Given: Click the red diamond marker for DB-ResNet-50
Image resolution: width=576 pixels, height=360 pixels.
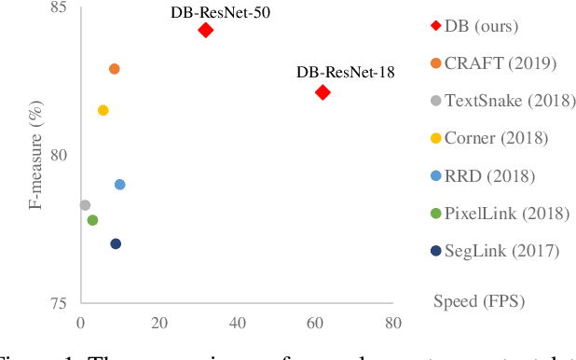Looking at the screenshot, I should point(205,30).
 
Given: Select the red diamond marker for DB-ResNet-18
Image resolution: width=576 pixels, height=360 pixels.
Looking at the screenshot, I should point(322,91).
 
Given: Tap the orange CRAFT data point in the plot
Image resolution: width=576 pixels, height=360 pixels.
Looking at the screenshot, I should point(115,69).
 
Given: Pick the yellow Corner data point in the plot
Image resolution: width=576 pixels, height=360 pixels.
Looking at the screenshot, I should point(103,110).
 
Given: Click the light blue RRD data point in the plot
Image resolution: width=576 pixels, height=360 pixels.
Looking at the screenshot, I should point(119,185).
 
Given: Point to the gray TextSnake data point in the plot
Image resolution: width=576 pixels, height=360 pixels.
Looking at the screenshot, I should point(85,205).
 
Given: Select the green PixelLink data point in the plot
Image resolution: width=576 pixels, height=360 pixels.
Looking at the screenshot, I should point(92,220).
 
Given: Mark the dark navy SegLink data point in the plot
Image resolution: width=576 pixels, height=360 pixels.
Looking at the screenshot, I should point(116,243).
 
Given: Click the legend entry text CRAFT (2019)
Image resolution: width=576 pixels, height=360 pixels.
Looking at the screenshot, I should point(501,62).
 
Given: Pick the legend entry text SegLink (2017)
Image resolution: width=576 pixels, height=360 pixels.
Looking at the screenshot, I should point(502,250).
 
